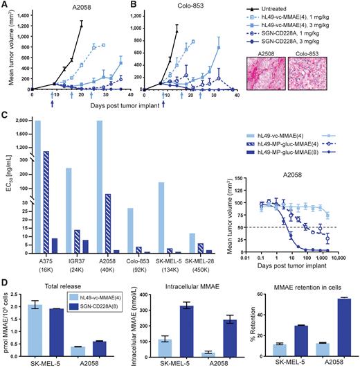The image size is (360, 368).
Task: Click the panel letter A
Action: (5, 5)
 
